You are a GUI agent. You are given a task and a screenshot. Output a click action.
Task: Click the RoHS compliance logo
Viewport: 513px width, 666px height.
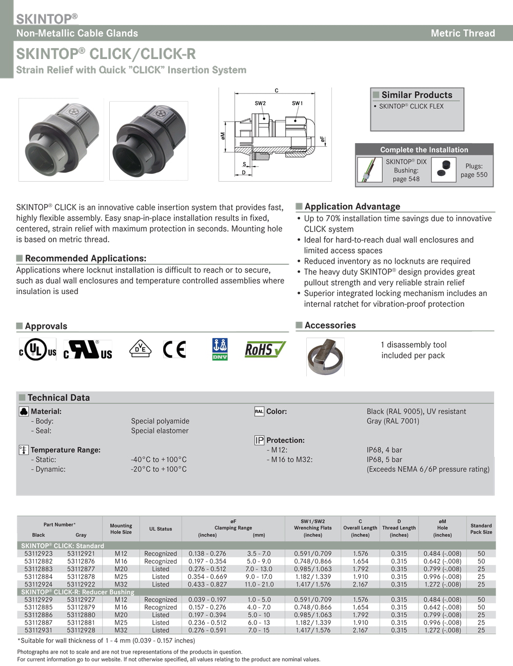(x=265, y=350)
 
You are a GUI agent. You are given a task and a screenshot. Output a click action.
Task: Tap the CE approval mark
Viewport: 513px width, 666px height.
(x=174, y=349)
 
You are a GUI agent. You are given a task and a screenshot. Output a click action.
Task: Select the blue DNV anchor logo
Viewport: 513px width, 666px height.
(x=220, y=349)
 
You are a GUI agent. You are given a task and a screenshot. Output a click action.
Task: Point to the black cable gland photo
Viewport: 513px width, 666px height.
(x=149, y=140)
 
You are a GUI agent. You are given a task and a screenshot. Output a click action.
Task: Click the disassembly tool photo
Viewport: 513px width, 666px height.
(x=325, y=356)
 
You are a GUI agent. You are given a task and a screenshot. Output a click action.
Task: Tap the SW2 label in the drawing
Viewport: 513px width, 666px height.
(x=260, y=103)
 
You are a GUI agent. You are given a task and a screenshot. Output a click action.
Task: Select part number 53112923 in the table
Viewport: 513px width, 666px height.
(x=38, y=554)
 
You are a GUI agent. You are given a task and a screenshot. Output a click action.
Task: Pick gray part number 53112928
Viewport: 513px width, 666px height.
(x=81, y=630)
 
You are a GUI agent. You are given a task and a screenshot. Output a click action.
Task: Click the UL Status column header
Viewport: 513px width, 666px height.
(x=161, y=528)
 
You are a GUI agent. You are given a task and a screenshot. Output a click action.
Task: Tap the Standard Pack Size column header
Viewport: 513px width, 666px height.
(x=481, y=528)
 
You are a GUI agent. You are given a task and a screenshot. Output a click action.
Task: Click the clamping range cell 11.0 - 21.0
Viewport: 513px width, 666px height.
(x=259, y=584)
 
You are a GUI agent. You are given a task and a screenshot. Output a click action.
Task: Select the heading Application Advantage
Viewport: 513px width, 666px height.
(x=352, y=206)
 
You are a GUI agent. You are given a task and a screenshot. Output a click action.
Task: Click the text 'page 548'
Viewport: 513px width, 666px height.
(x=406, y=179)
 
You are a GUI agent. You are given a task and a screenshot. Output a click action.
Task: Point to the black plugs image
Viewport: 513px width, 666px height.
(x=444, y=170)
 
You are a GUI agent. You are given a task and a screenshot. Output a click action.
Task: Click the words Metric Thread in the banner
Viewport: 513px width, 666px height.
(x=463, y=33)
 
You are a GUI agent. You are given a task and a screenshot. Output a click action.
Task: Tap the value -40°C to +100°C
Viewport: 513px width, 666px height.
(x=159, y=460)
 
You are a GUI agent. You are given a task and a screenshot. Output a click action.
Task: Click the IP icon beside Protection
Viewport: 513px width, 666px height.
(x=259, y=440)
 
